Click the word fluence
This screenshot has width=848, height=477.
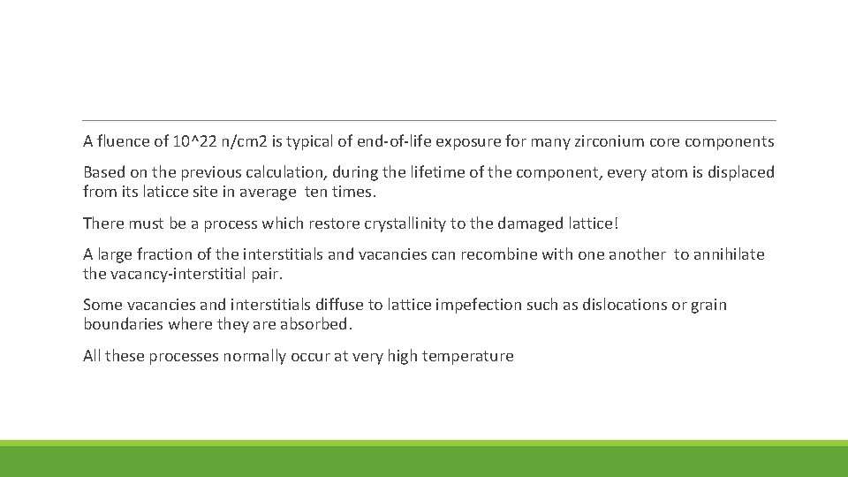[123, 141]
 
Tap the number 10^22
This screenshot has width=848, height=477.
[193, 141]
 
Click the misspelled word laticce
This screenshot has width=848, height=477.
[166, 191]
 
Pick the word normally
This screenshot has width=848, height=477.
[260, 356]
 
